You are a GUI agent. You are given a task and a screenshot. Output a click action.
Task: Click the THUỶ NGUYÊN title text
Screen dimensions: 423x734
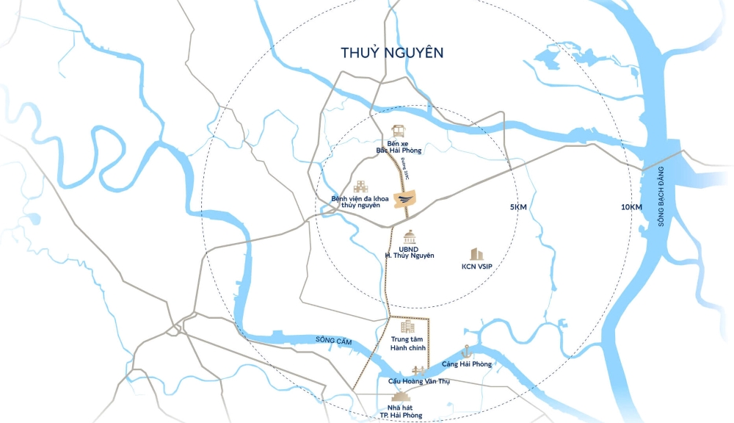[393, 53]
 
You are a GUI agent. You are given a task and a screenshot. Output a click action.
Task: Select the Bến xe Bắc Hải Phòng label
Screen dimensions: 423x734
[397, 146]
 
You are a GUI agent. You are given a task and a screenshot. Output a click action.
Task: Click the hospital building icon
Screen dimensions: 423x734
[361, 187]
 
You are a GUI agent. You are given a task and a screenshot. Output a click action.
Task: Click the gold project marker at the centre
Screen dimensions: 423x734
[406, 198]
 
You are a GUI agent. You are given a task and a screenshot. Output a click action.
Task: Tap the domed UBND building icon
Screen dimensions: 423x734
[410, 236]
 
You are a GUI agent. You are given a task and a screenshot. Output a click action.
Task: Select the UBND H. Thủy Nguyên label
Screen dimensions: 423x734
[410, 252]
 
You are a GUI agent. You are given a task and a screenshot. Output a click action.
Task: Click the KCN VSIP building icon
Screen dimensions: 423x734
[477, 253]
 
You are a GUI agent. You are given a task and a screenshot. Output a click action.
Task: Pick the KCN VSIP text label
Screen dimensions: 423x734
[477, 267]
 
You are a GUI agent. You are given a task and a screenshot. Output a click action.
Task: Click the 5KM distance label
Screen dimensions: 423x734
[518, 207]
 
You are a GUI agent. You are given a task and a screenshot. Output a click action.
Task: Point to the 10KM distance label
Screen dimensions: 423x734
[631, 207]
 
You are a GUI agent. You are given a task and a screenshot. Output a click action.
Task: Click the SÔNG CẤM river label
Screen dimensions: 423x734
[330, 339]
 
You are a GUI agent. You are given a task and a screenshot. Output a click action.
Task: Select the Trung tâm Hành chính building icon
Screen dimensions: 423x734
[408, 326]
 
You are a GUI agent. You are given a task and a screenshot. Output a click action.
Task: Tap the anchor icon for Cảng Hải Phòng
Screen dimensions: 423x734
[465, 352]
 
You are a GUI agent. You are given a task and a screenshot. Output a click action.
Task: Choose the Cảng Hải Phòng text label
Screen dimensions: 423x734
[467, 364]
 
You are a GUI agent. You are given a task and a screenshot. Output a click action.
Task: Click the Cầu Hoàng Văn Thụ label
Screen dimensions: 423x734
[418, 382]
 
